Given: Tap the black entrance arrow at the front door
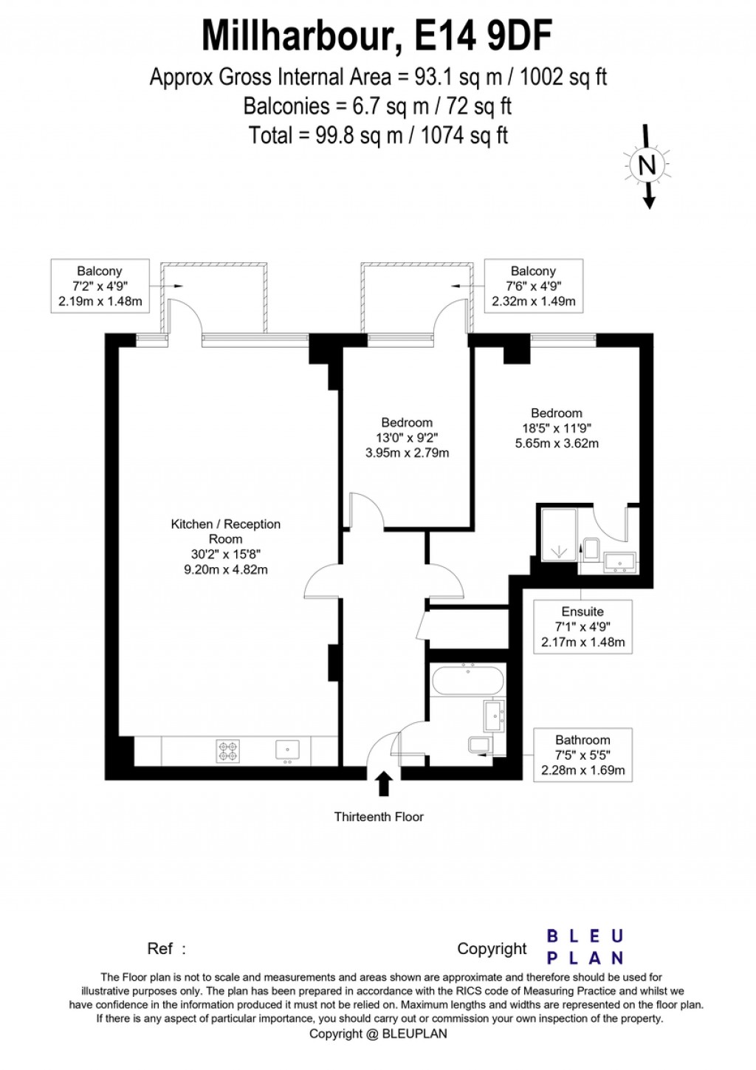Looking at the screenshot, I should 383,783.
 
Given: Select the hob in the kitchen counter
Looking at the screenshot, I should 228,751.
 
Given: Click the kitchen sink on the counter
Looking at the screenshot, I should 287,750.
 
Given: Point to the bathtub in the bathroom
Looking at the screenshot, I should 467,680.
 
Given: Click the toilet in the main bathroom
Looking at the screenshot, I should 479,745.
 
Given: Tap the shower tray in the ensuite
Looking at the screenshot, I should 559,534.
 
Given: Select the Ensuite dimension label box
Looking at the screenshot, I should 583,627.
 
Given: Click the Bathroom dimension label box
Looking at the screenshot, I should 583,755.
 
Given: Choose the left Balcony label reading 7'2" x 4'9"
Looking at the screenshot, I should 100,287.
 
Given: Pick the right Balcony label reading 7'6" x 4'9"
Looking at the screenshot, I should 533,287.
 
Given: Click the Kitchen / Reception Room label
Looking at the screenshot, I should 225,546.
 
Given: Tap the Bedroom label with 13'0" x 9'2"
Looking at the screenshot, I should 407,438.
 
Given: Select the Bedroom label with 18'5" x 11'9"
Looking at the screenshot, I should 557,428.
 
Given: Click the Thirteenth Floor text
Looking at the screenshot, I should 379,817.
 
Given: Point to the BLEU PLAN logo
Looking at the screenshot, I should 585,947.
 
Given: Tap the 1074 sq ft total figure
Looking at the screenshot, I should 464,136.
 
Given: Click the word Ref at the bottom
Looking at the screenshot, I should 160,949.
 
